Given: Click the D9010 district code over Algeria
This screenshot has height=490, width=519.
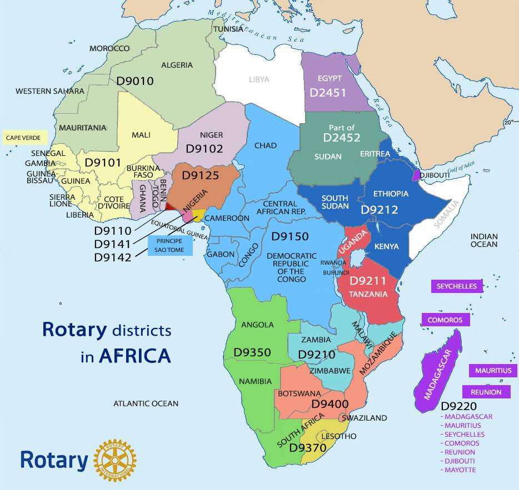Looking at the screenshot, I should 135,81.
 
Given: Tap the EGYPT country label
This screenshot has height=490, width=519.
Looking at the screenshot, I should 330,78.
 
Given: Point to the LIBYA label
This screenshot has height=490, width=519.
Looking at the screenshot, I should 259,79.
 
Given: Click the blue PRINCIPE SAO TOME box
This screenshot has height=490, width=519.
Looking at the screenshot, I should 169,246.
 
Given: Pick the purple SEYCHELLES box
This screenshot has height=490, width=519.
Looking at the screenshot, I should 457,286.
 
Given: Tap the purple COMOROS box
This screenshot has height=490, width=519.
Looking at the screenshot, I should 445,320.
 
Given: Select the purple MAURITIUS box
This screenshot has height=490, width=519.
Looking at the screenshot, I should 493,370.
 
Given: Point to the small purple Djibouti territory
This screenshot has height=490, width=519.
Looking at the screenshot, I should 416,176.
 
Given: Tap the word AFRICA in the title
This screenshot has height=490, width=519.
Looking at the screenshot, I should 135,355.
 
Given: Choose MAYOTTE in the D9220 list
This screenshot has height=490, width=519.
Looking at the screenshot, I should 460,470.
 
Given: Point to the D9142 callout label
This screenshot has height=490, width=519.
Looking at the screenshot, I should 113,257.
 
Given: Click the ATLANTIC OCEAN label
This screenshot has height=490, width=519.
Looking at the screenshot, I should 146,403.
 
